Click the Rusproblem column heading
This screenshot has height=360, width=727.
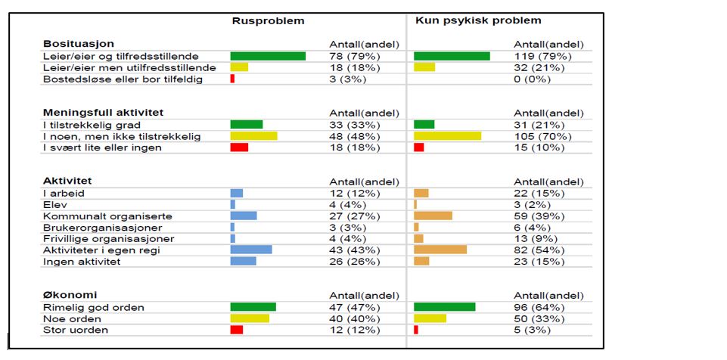(x=268, y=21)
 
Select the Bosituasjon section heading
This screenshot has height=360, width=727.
(x=79, y=44)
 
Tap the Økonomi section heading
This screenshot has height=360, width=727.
(x=70, y=295)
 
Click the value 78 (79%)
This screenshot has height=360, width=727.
(x=355, y=56)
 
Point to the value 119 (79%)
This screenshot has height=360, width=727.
(x=542, y=56)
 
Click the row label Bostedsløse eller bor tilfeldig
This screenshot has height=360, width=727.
(x=123, y=79)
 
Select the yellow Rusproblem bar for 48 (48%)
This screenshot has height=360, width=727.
(x=253, y=136)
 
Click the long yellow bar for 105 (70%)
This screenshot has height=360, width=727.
(x=448, y=136)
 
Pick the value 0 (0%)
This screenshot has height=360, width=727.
(x=533, y=79)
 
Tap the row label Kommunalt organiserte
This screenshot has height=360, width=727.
(x=107, y=216)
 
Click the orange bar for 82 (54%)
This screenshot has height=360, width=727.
(x=440, y=250)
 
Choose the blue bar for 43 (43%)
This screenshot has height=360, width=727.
(x=251, y=250)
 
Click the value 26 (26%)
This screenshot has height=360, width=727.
(x=355, y=262)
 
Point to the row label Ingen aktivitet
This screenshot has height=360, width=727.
(x=81, y=262)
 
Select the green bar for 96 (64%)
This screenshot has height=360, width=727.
(x=445, y=307)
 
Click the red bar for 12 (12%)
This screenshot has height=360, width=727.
(x=237, y=330)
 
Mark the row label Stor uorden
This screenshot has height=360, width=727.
(x=75, y=330)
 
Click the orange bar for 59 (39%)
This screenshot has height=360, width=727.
(x=433, y=216)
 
